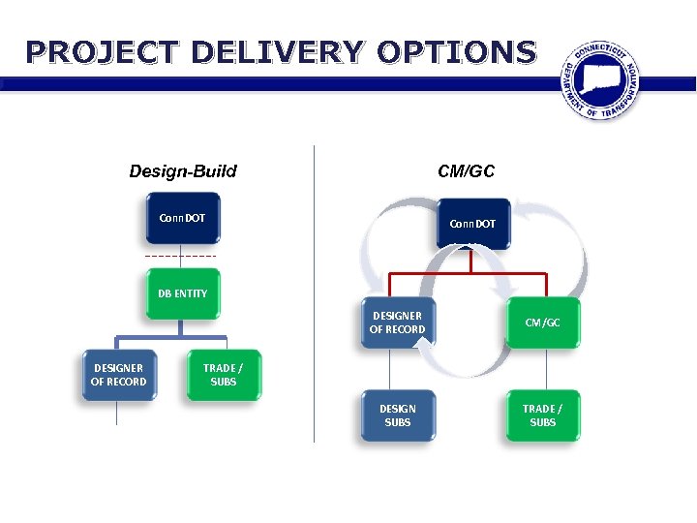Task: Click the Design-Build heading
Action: click(x=183, y=171)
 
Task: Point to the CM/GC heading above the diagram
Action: click(x=466, y=171)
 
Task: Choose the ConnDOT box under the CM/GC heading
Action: click(x=472, y=224)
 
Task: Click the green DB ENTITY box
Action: click(x=183, y=293)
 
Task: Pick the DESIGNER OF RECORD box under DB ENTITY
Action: click(x=119, y=375)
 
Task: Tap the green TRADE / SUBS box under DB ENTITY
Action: click(x=223, y=375)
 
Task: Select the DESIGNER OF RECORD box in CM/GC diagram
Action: click(x=397, y=323)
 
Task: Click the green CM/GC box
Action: click(x=543, y=323)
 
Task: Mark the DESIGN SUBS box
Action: click(x=397, y=415)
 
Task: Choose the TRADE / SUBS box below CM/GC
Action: click(x=543, y=415)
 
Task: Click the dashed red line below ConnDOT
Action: click(x=181, y=256)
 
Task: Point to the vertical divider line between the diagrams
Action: click(x=314, y=291)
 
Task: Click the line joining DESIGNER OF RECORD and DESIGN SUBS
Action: click(x=390, y=368)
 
